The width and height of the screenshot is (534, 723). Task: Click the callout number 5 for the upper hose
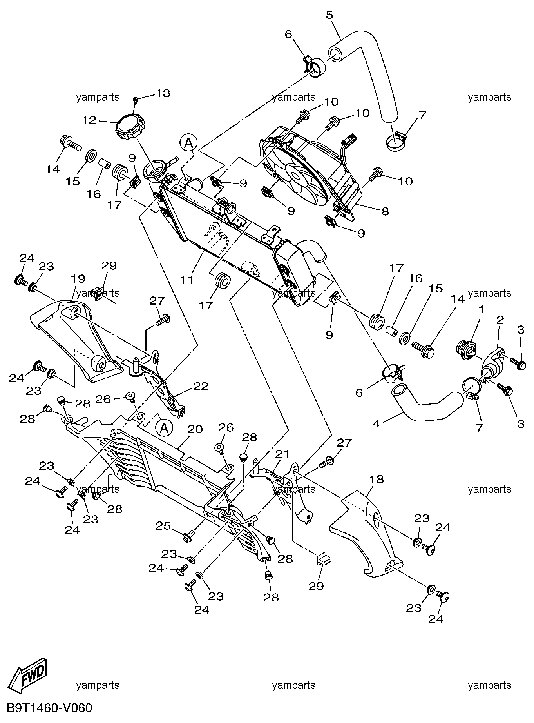click(x=329, y=15)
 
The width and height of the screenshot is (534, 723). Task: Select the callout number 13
click(x=163, y=93)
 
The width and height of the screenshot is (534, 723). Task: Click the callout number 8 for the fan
click(x=385, y=211)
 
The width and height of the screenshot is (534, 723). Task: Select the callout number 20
click(x=195, y=429)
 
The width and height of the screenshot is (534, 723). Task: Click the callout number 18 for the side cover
click(x=376, y=479)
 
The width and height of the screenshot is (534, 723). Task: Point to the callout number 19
click(x=78, y=279)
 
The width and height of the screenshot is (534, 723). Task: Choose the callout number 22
click(x=200, y=386)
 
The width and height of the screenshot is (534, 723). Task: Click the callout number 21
click(x=282, y=454)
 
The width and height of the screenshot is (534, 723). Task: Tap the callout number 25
click(x=164, y=525)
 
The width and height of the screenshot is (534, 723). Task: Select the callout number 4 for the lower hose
click(x=377, y=423)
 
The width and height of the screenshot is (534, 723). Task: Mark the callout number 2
click(x=500, y=320)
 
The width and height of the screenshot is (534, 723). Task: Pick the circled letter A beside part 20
click(x=164, y=428)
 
